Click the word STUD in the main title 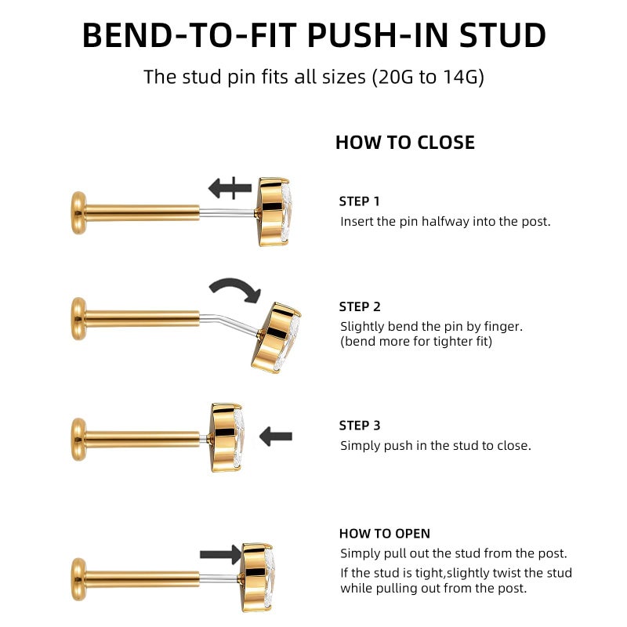coord(502,35)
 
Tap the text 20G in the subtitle coord(394,76)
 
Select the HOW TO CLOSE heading coord(405,143)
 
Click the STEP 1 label coord(359,201)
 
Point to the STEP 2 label coord(360,306)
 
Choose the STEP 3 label coord(360,426)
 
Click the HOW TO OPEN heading coord(385,534)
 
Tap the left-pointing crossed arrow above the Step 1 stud coord(230,188)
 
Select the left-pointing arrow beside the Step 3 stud coord(276,437)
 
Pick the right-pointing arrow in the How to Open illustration coord(221,554)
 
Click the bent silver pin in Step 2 coord(230,324)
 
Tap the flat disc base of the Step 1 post coord(78,212)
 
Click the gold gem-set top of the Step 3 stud coord(227,437)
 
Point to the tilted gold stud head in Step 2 coord(277,338)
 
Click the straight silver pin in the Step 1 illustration coord(227,212)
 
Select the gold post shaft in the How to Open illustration coord(142,579)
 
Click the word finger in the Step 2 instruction coord(503,327)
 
